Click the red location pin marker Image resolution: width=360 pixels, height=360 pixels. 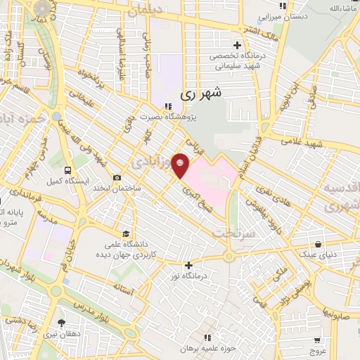(181, 166)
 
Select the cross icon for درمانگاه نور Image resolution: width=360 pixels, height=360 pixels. (188, 265)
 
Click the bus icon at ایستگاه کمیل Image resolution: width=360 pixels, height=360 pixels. (67, 170)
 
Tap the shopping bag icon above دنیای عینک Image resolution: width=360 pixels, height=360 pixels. (319, 244)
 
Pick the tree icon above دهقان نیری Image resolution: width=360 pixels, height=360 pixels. (62, 323)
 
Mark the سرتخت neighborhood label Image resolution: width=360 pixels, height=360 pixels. (233, 231)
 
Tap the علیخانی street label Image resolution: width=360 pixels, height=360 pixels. (81, 103)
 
